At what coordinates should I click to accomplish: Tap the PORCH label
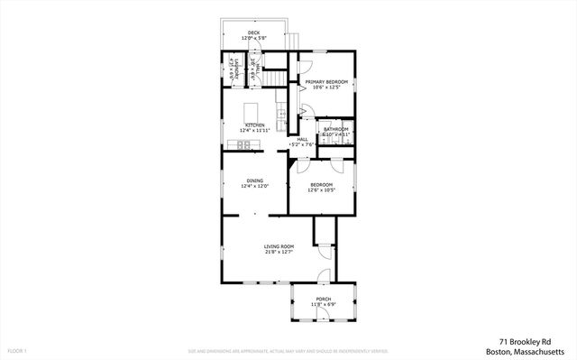click(x=323, y=299)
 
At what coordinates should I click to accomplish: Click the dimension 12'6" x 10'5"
click(x=321, y=189)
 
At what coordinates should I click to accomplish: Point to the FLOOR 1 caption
click(x=17, y=349)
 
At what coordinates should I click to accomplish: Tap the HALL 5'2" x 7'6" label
click(x=301, y=142)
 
